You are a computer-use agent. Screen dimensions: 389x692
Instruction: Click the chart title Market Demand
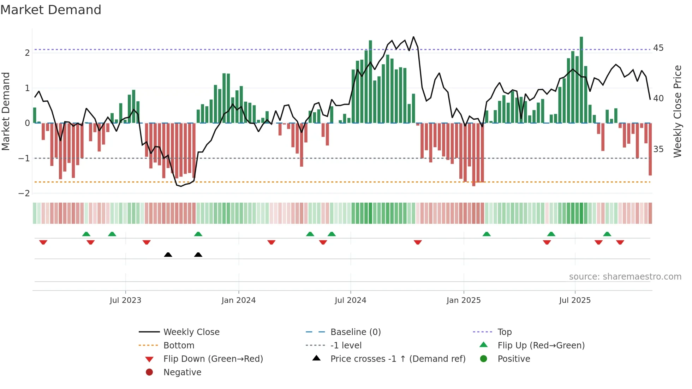[x=51, y=10]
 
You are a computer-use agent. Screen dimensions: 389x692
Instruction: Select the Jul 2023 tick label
[x=125, y=300]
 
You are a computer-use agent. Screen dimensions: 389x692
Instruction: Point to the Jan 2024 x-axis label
[x=238, y=300]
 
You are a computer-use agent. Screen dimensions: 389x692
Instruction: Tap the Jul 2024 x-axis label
[x=350, y=300]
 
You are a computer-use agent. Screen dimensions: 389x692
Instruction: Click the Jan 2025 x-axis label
[x=463, y=300]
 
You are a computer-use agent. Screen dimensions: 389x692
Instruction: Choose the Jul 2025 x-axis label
[x=575, y=300]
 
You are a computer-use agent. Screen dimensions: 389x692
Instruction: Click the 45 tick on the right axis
[x=658, y=48]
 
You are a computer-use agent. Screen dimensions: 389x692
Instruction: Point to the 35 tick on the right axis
[x=658, y=149]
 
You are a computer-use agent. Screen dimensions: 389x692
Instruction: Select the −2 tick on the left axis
[x=24, y=193]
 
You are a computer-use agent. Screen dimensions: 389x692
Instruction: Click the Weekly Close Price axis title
[x=677, y=111]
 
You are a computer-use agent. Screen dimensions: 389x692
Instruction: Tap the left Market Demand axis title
[x=6, y=111]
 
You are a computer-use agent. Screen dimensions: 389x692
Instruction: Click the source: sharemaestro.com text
[x=625, y=277]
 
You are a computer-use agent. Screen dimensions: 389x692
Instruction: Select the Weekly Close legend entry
[x=191, y=332]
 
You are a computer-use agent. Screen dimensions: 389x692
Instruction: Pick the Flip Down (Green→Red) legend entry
[x=213, y=359]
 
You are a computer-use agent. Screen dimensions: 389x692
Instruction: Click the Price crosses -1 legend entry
[x=398, y=359]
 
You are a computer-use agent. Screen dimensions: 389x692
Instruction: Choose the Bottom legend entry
[x=179, y=346]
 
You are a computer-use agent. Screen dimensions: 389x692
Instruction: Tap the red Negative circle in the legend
[x=149, y=372]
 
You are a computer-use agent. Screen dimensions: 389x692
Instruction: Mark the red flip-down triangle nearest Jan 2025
[x=418, y=242]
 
